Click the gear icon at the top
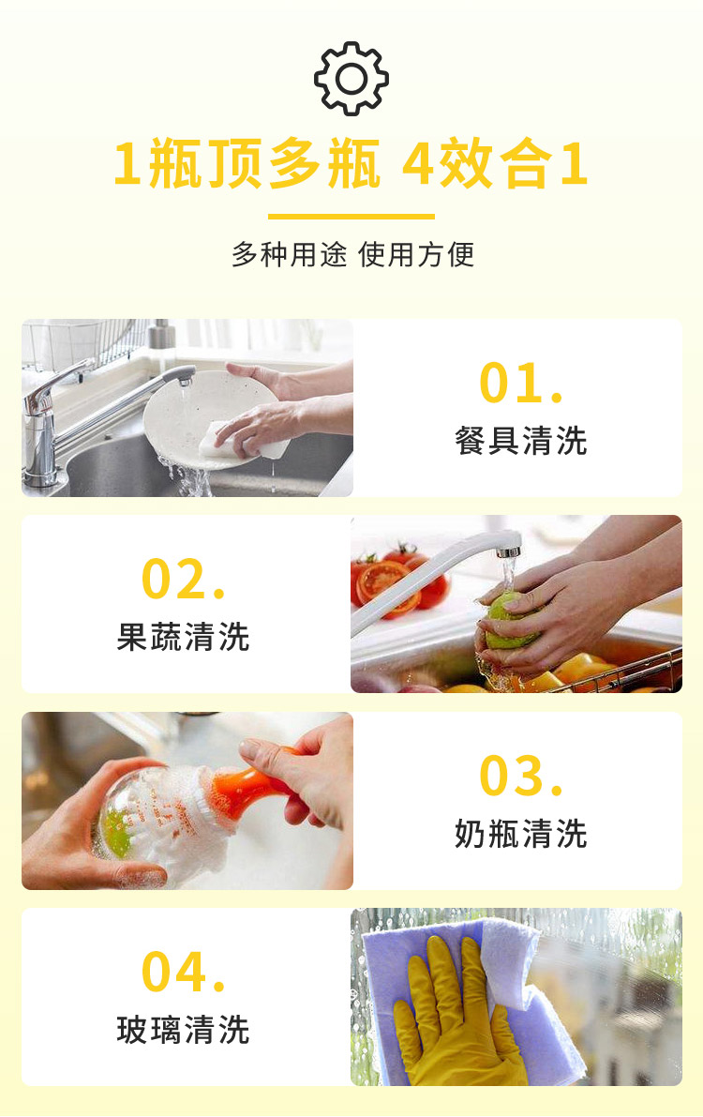[x=351, y=79]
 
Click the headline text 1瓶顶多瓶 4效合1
[x=351, y=164]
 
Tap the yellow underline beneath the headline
[x=351, y=216]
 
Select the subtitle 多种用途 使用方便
[x=352, y=254]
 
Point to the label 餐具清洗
[x=520, y=441]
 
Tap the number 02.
[x=184, y=580]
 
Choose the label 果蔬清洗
[x=183, y=637]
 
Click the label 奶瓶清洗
[x=520, y=834]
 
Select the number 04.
[x=184, y=972]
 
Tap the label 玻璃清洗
[x=183, y=1030]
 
